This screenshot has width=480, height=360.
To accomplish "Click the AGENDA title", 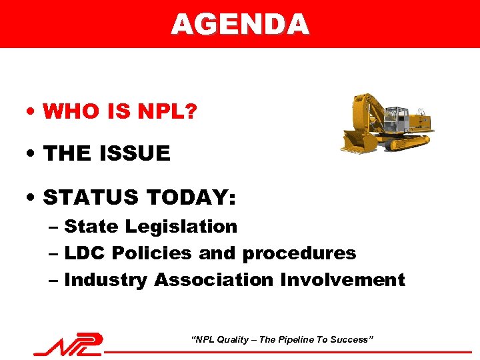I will tap(240, 24).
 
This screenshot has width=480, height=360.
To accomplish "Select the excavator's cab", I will tap(396, 120).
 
